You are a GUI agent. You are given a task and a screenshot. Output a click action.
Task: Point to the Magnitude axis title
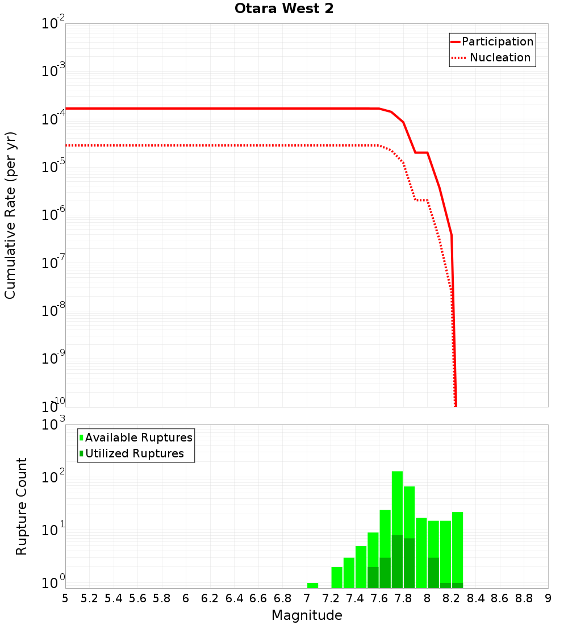(307, 615)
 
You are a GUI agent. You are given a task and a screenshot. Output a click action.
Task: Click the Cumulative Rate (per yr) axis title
(10, 215)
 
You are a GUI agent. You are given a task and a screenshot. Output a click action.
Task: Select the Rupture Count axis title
(22, 506)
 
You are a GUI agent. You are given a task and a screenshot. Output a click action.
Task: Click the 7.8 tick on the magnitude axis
(403, 598)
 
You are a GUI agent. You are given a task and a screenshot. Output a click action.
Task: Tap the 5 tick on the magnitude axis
(65, 598)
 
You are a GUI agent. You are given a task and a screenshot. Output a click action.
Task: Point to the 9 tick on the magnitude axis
(548, 598)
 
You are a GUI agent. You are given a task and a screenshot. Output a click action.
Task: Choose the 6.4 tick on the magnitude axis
(234, 598)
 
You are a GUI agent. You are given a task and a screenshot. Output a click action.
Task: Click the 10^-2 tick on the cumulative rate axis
(53, 24)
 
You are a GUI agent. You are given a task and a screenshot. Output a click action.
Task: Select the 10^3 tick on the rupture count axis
(53, 425)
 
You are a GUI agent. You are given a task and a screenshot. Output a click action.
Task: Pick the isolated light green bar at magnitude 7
(312, 585)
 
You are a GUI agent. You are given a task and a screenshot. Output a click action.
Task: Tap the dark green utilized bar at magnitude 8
(433, 573)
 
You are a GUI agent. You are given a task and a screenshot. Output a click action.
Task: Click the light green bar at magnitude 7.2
(337, 577)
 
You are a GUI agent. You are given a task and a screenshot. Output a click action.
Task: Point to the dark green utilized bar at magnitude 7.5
(373, 577)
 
